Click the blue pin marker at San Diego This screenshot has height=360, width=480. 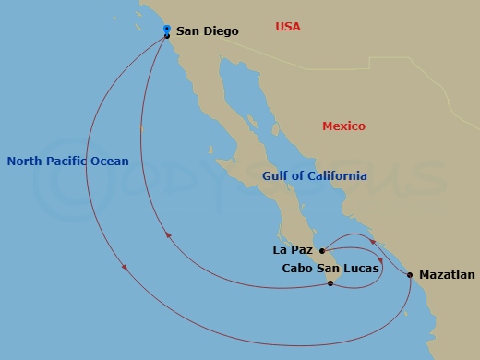coord(166,30)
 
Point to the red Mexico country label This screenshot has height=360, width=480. coord(343,126)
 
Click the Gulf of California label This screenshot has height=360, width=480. coord(314,175)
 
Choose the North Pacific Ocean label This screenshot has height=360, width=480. coord(67,161)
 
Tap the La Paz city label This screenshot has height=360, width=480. coord(293,249)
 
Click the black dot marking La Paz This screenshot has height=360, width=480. coord(321,250)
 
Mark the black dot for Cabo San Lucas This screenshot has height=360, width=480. coord(330,283)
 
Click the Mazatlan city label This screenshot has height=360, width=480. coord(447,275)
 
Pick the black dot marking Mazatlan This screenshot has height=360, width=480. coord(410,275)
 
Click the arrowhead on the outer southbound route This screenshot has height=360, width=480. coord(125,270)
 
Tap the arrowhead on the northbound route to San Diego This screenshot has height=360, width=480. coord(167,236)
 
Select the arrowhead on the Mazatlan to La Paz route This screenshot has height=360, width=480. coord(372,242)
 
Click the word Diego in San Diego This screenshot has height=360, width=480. coord(222,31)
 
